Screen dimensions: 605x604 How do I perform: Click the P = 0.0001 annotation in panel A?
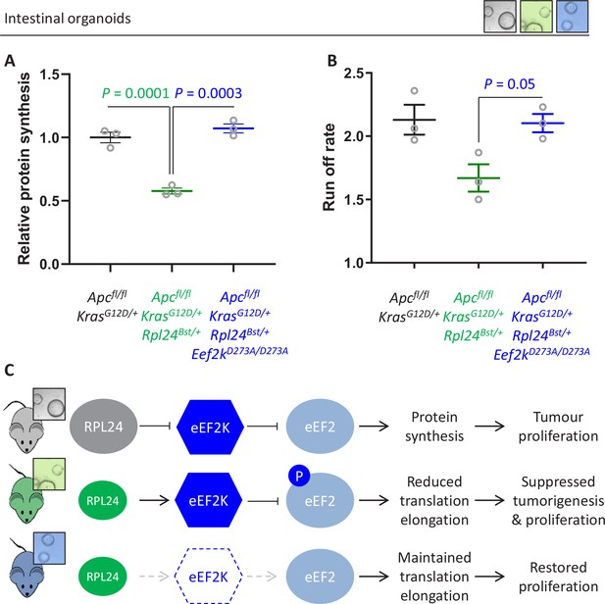(135, 93)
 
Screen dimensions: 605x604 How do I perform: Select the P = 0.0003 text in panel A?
(208, 93)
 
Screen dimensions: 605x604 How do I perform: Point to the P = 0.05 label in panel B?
(509, 84)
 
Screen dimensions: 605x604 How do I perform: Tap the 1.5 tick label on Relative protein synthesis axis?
(50, 74)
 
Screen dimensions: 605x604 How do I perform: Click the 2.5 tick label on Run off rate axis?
(354, 73)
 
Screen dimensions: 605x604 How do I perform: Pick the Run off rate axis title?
(329, 167)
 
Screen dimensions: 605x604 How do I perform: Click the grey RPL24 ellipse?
(103, 427)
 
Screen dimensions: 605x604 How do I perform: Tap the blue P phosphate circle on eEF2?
(299, 477)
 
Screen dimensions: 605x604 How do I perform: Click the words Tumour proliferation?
(558, 427)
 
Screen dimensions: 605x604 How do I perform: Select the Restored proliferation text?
(558, 577)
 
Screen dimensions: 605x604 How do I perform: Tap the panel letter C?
(9, 371)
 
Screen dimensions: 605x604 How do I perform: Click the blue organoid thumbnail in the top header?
(573, 16)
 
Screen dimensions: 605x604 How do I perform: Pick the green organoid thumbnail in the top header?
(536, 16)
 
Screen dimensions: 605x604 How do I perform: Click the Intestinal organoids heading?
(67, 19)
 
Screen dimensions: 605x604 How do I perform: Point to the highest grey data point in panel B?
(415, 91)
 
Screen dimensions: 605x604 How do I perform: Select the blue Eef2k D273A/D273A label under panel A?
(239, 354)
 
